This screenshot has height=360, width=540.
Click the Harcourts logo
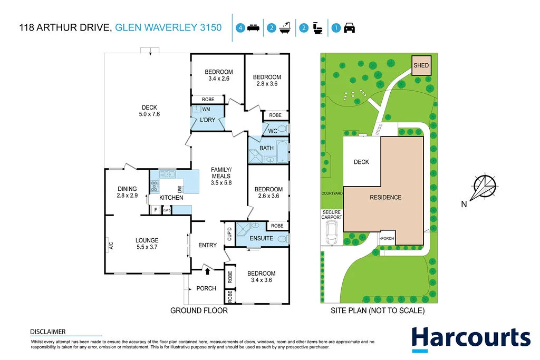pyautogui.click(x=471, y=339)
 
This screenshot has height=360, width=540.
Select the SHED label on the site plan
pyautogui.click(x=421, y=65)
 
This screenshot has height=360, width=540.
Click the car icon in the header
pyautogui.click(x=349, y=28)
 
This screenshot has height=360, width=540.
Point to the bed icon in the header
pyautogui.click(x=254, y=28)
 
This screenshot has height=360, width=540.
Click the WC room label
pyautogui.click(x=273, y=131)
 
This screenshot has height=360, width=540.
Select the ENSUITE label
pyautogui.click(x=262, y=238)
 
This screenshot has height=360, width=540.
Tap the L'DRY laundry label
pyautogui.click(x=207, y=120)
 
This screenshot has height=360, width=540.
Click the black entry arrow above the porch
pyautogui.click(x=207, y=271)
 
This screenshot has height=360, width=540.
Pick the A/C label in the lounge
pyautogui.click(x=111, y=246)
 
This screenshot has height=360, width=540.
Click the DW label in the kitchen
pyautogui.click(x=179, y=189)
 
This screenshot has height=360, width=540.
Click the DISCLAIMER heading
pyautogui.click(x=48, y=332)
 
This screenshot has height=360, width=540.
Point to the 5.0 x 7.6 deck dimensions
pyautogui.click(x=149, y=114)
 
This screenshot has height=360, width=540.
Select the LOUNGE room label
pyautogui.click(x=147, y=240)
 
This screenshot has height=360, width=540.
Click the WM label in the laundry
pyautogui.click(x=206, y=109)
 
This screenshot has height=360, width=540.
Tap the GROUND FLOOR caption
pyautogui.click(x=199, y=310)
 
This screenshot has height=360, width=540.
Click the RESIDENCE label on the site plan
pyautogui.click(x=385, y=197)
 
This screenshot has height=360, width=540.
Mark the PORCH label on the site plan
pyautogui.click(x=388, y=238)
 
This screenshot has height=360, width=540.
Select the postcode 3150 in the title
pyautogui.click(x=211, y=27)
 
